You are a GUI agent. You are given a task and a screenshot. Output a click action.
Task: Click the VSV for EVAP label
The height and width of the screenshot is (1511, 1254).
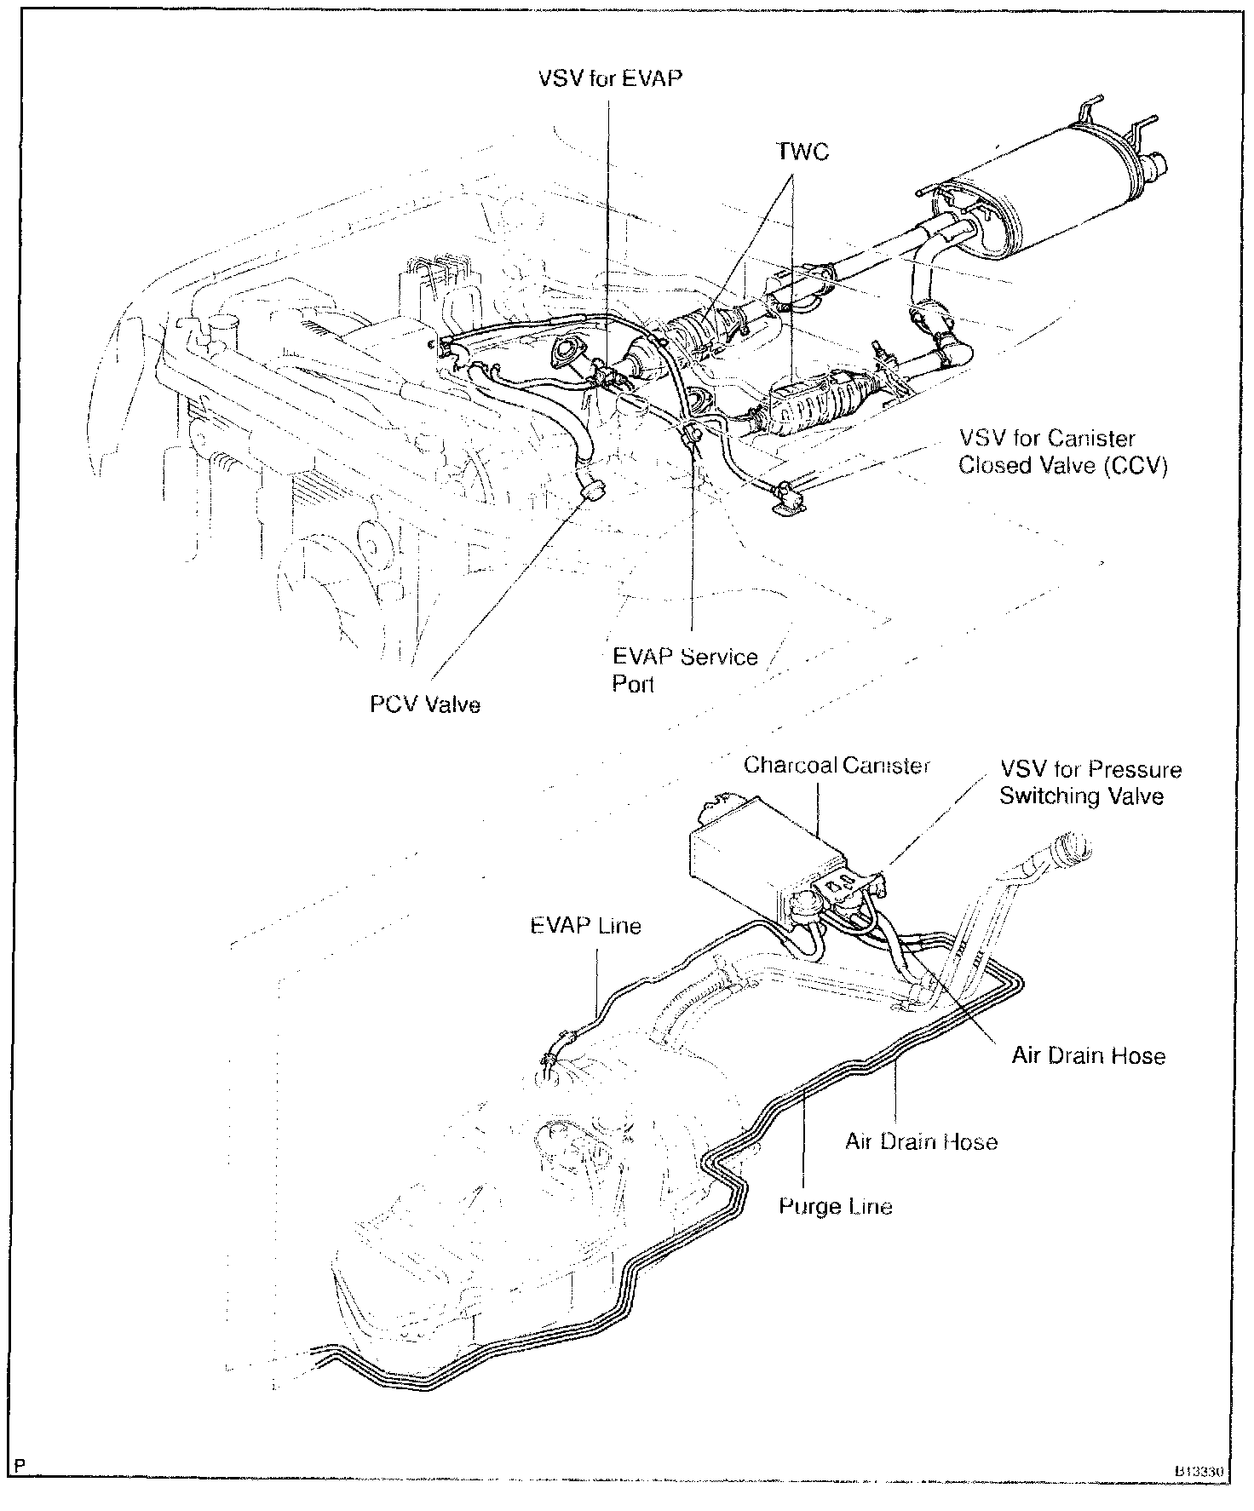(610, 78)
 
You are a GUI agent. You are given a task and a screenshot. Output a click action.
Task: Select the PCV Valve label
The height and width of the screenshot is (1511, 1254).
(424, 704)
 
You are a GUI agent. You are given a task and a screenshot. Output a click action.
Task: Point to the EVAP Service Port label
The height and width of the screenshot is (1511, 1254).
(684, 669)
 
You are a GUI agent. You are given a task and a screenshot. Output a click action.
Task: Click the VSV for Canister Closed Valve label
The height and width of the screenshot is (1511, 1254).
(1061, 452)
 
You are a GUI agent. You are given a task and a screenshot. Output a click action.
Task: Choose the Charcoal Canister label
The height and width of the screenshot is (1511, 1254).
(837, 765)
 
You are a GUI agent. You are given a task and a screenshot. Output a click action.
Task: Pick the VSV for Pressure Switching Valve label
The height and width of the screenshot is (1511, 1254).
(1090, 783)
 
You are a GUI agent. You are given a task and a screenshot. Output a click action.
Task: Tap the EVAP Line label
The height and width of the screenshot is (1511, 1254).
(585, 925)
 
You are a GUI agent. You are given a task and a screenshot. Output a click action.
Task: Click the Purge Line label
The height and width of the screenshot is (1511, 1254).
(836, 1206)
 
